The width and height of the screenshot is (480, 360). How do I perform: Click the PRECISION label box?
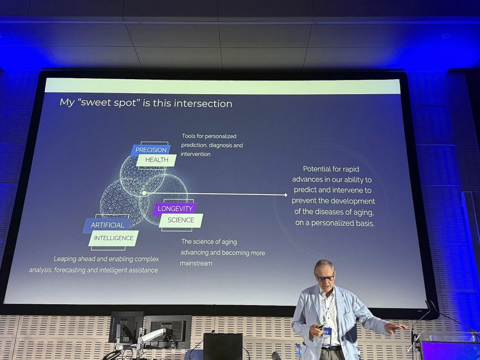pyautogui.click(x=150, y=150)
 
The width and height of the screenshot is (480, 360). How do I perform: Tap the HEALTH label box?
pyautogui.click(x=157, y=160)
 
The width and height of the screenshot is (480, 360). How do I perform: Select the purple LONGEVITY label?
pyautogui.click(x=175, y=209)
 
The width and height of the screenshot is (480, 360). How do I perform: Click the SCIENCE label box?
pyautogui.click(x=181, y=220)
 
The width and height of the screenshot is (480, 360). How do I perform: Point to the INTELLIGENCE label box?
pyautogui.click(x=113, y=238)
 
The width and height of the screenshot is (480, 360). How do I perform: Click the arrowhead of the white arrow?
pyautogui.click(x=286, y=195)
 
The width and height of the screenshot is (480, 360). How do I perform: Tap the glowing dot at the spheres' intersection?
pyautogui.click(x=144, y=193)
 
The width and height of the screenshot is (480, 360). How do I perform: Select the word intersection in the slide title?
pyautogui.click(x=203, y=104)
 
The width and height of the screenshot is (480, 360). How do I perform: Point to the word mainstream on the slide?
pyautogui.click(x=196, y=263)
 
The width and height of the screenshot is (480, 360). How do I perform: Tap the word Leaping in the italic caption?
pyautogui.click(x=65, y=259)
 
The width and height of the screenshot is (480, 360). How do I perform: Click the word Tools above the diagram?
pyautogui.click(x=188, y=136)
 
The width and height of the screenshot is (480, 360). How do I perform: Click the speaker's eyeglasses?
pyautogui.click(x=325, y=278)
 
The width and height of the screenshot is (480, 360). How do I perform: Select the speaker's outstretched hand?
pyautogui.click(x=395, y=328)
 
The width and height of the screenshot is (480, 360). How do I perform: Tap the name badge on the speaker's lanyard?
pyautogui.click(x=327, y=337)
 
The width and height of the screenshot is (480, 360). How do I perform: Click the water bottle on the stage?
pyautogui.click(x=299, y=352)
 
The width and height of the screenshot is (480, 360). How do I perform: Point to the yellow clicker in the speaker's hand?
pyautogui.click(x=320, y=326)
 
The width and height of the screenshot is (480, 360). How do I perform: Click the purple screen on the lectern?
pyautogui.click(x=450, y=351)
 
